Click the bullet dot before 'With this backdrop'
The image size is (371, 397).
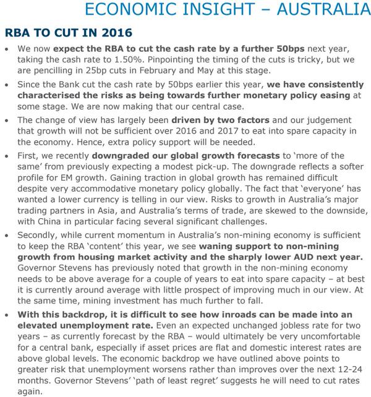coord(7,314)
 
